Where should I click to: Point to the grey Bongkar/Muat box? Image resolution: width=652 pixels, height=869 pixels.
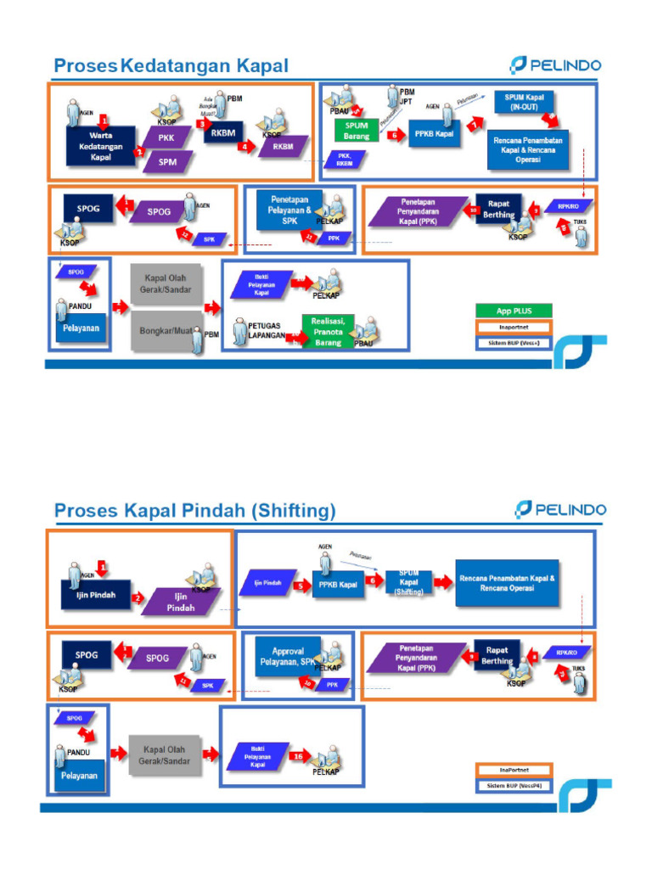[x=166, y=332]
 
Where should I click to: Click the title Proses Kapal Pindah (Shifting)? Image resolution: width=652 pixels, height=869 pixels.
[x=194, y=511]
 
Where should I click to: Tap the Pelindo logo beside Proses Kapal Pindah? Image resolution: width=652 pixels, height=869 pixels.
[x=559, y=510]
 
